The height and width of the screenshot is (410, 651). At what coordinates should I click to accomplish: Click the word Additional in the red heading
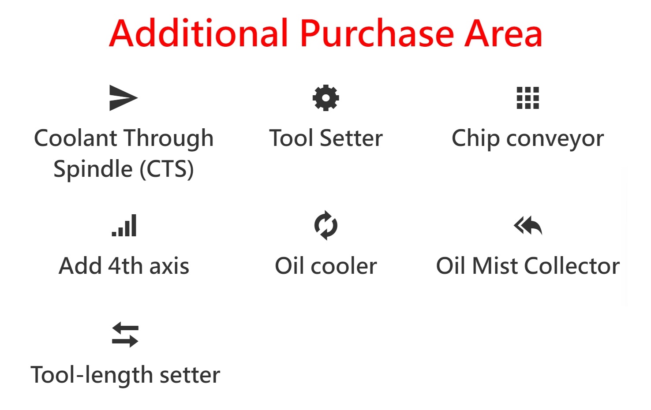point(198,33)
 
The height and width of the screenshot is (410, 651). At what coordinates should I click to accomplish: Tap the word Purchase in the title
point(377,33)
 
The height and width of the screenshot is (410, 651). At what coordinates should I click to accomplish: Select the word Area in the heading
point(504,33)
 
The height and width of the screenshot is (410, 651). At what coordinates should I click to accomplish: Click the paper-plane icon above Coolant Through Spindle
point(123,98)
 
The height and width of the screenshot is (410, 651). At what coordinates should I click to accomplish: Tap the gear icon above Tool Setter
point(326,98)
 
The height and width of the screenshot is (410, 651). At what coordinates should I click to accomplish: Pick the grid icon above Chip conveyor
point(528,98)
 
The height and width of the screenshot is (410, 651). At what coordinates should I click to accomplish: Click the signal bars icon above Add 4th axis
point(124,225)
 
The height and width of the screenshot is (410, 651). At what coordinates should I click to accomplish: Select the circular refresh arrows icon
point(326,225)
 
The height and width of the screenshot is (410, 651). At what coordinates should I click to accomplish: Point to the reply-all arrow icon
point(528,225)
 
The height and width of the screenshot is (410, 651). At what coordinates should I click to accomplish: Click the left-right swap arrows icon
point(125,335)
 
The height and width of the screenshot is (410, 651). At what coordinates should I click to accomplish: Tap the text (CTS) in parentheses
point(167,169)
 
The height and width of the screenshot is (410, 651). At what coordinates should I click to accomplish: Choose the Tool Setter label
point(326,138)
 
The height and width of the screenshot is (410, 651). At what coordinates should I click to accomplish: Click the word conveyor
point(555,139)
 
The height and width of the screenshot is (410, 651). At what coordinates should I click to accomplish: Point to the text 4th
point(125,266)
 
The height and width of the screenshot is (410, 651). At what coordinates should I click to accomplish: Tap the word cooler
point(344,266)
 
